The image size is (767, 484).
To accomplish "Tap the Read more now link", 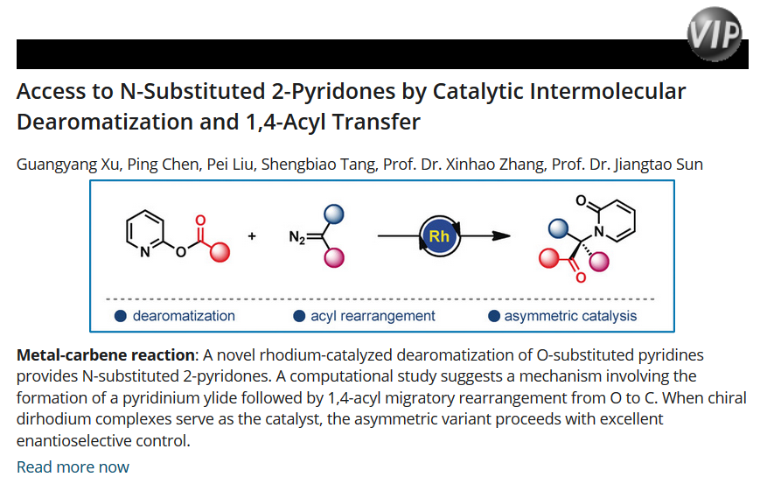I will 73,466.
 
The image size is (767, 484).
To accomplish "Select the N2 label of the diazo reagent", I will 298,237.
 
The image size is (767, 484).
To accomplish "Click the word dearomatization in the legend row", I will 183,316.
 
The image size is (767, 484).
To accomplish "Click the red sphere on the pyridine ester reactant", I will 220,253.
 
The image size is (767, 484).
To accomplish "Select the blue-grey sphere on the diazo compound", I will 332,214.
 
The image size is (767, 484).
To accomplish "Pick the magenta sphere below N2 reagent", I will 333,258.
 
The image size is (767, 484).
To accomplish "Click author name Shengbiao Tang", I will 333,164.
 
